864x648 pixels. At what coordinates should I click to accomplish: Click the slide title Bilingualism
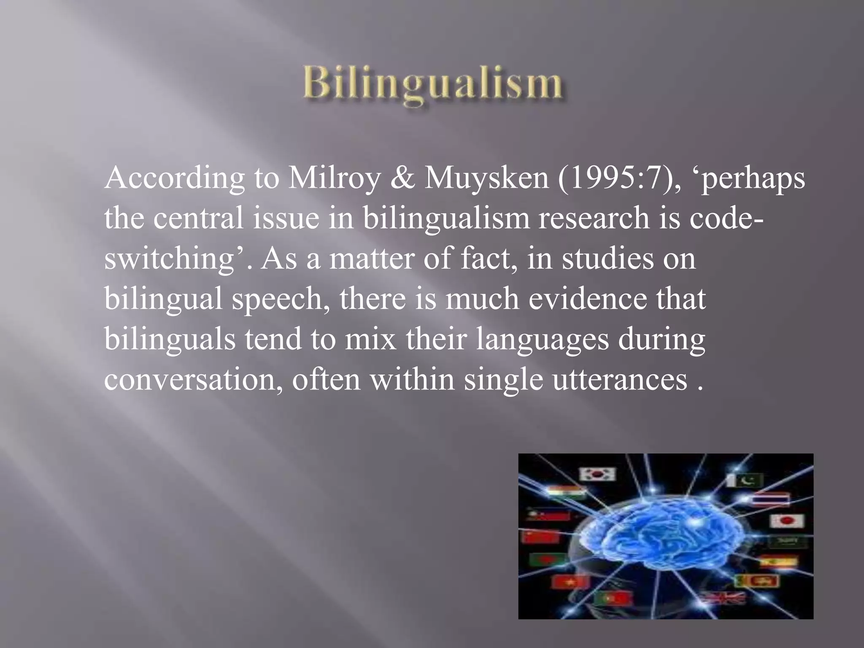[x=432, y=85]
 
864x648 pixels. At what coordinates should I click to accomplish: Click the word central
[x=198, y=219]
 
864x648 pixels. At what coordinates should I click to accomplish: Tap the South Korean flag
[x=597, y=475]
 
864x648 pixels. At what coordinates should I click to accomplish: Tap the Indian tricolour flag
[x=565, y=492]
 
